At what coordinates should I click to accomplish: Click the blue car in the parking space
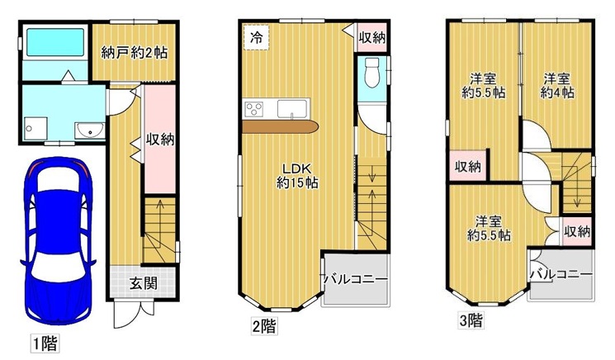pos(58,240)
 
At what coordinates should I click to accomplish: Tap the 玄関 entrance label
pos(144,282)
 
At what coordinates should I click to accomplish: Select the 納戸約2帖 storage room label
pos(134,52)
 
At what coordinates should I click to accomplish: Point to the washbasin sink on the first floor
pos(90,130)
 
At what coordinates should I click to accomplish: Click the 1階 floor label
pos(45,344)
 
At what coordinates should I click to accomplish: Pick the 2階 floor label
pos(264,326)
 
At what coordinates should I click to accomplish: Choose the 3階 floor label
pos(471,320)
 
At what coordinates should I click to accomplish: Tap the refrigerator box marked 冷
pos(257,37)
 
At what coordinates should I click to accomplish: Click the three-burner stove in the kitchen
pos(253,109)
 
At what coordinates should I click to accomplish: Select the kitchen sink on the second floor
pos(292,109)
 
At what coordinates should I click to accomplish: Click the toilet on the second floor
pos(371,73)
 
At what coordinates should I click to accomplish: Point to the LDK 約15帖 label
pos(297,176)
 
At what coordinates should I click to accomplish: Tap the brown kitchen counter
pos(281,126)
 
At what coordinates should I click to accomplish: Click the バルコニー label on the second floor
pos(355,280)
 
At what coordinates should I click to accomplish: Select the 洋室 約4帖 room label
pos(556,86)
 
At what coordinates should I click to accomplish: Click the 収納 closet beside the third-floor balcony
pos(577,232)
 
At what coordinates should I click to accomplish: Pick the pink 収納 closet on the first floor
pos(160,139)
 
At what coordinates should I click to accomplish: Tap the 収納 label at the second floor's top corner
pos(372,38)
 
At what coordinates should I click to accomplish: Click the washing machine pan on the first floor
pos(35,128)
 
